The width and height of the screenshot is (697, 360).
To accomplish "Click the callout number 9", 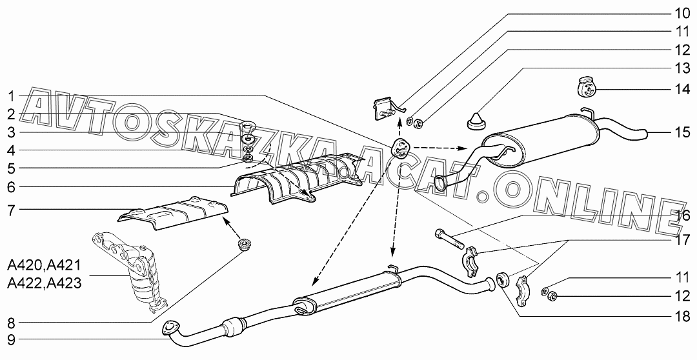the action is click(11, 340).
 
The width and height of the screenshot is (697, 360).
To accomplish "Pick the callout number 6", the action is click(11, 187).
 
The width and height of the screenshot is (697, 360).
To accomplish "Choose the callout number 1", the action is click(11, 96).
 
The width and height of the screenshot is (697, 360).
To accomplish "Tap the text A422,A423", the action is click(44, 283).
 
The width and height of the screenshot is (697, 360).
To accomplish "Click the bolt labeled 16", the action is click(450, 239).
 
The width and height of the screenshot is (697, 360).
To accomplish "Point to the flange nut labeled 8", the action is click(243, 244).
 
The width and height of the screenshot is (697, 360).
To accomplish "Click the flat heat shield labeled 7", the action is click(174, 214).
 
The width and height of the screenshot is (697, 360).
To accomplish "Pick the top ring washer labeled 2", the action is click(246, 125).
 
